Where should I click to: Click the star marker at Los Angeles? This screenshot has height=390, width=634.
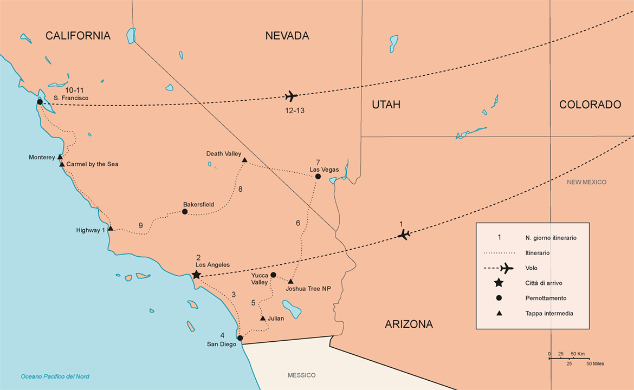(x=197, y=275)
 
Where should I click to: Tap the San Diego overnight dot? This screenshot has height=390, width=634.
(x=240, y=338)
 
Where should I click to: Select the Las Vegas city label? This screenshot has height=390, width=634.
(x=324, y=170)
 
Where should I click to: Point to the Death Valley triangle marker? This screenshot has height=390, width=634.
(x=244, y=160)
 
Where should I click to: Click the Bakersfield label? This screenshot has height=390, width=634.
(x=198, y=204)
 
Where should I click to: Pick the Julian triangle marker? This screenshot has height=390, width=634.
(x=263, y=318)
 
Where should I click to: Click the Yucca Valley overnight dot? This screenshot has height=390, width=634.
(x=273, y=275)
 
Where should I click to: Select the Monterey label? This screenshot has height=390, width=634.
(x=42, y=157)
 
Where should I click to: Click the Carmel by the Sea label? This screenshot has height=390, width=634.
(x=92, y=164)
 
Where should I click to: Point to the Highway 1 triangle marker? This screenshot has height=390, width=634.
(x=111, y=228)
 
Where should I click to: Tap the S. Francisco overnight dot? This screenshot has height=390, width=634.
(x=40, y=102)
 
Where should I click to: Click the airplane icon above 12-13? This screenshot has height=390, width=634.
(x=291, y=96)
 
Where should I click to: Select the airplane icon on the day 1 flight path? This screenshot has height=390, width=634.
(x=403, y=235)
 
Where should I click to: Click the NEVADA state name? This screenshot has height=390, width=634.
(x=287, y=36)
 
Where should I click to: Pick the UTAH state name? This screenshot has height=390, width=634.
(x=386, y=105)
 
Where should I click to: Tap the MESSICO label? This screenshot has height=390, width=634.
(x=301, y=375)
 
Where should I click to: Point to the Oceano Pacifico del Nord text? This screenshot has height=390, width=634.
(x=55, y=376)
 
